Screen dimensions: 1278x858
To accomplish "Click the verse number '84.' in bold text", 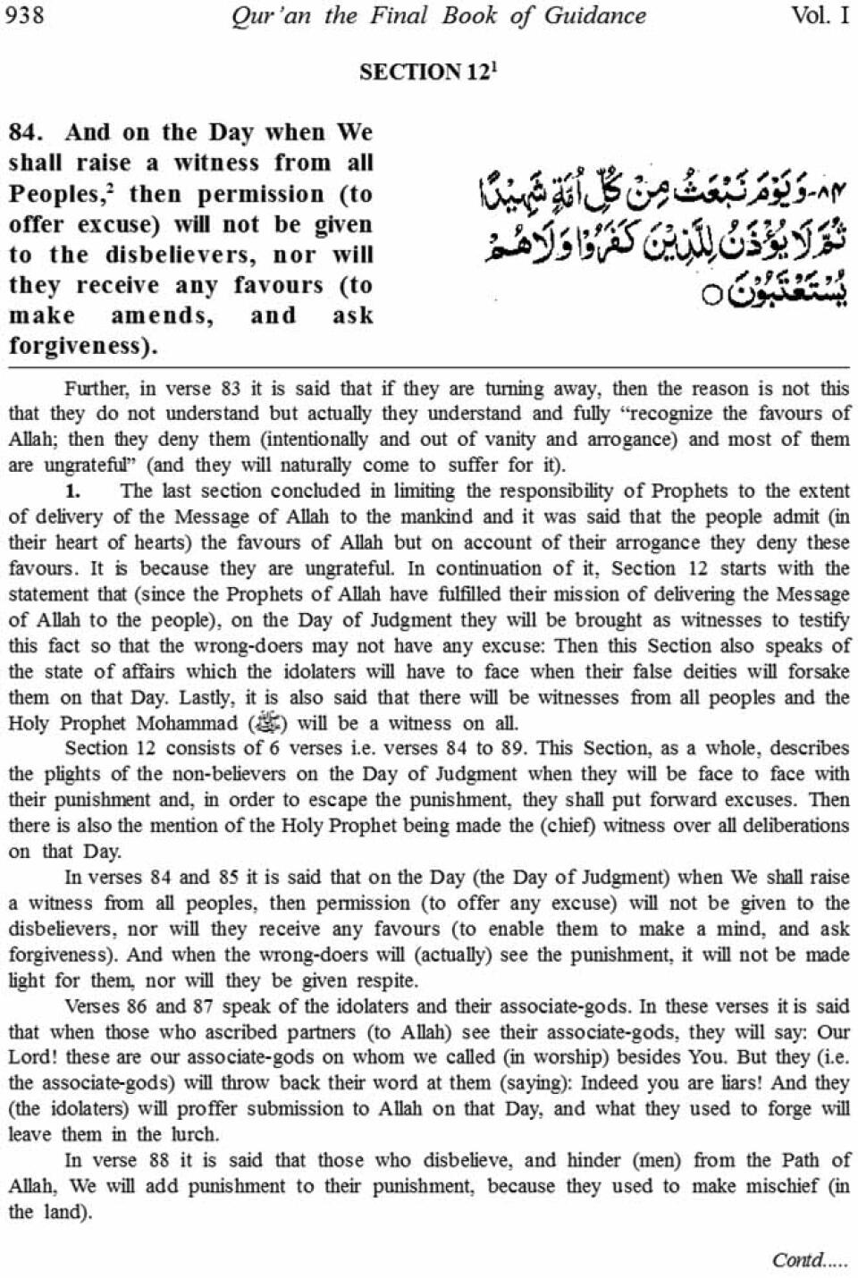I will [26, 132].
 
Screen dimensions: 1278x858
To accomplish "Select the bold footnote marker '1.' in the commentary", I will [73, 491].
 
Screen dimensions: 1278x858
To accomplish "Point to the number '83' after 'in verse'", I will [224, 389].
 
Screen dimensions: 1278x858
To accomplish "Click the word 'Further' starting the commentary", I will [94, 389].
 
